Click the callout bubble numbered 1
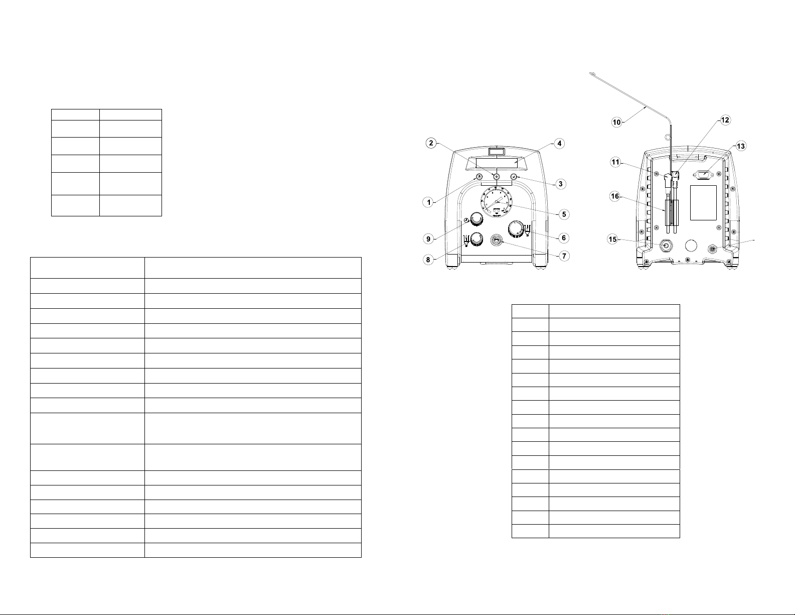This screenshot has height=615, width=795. tap(428, 202)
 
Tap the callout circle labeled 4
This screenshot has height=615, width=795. tap(559, 144)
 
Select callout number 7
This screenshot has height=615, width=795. tap(564, 256)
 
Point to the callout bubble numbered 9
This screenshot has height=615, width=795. tap(428, 239)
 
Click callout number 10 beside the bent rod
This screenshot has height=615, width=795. tap(617, 122)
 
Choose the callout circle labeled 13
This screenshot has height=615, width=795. tap(740, 147)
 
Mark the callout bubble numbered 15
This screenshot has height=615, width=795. tap(612, 239)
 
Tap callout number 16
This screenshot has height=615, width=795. tap(615, 197)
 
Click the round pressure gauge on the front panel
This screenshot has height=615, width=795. tap(497, 203)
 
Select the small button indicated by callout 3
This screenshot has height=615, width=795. tap(513, 177)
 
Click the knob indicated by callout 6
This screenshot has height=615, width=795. tap(516, 229)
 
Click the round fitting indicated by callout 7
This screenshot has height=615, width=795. tap(497, 241)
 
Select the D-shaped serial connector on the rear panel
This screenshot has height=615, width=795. tap(703, 175)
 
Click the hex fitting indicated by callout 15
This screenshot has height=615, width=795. tap(666, 245)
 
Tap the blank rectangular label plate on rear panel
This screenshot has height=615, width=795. tap(703, 203)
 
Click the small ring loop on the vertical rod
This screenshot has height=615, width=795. tap(668, 138)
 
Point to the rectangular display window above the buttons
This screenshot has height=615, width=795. tap(497, 164)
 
